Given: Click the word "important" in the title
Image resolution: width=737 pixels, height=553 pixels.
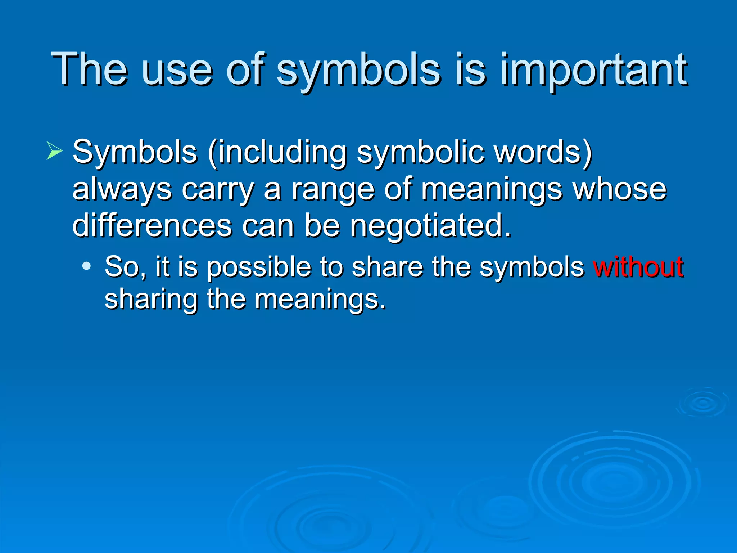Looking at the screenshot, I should [594, 70].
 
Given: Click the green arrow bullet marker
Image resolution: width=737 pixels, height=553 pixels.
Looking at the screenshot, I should [54, 151].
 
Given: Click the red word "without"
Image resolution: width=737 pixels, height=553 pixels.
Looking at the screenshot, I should [638, 267].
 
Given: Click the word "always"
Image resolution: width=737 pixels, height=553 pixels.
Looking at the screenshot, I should [122, 190].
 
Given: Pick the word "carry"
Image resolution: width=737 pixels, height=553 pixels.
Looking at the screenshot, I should [218, 190].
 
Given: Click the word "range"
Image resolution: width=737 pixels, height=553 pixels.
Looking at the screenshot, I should [333, 190].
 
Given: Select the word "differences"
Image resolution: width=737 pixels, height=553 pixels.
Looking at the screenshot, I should [152, 226].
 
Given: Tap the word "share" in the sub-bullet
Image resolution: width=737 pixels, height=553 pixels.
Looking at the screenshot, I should [387, 267].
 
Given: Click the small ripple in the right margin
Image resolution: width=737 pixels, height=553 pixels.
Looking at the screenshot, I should [703, 403].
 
